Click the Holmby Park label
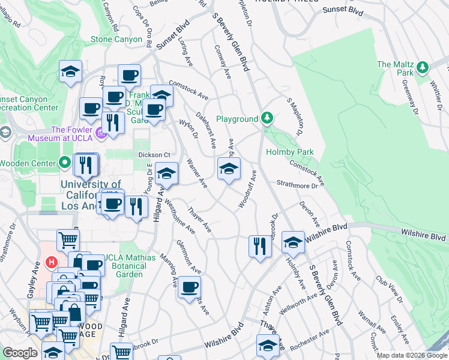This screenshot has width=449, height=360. [290, 152]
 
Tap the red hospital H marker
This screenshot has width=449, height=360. [52, 263]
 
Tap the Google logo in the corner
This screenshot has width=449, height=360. [20, 353]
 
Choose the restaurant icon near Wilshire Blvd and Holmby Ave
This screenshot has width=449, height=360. [259, 246]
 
